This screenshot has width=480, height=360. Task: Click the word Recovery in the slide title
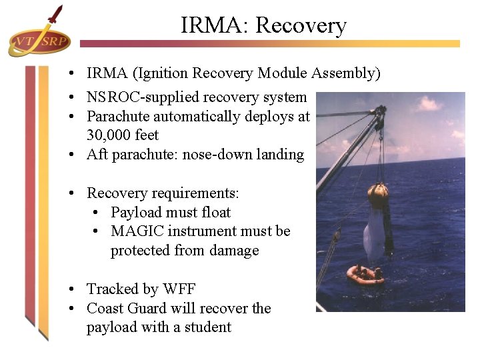click(x=301, y=25)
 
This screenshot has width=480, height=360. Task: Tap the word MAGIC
click(x=139, y=231)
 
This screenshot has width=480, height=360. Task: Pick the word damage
click(x=235, y=251)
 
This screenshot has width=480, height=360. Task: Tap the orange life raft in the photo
click(x=365, y=274)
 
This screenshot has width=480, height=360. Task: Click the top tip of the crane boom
click(x=380, y=109)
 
